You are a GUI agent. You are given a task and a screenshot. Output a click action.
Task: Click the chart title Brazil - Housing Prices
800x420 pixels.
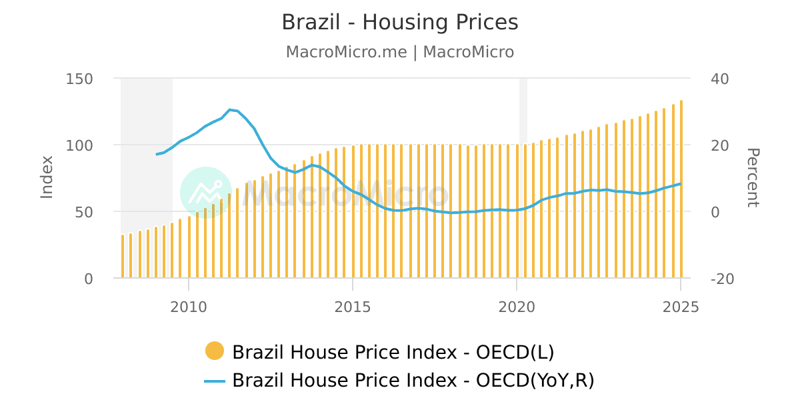point(399,22)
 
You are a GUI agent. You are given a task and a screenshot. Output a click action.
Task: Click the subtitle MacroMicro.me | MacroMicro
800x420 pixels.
point(399,52)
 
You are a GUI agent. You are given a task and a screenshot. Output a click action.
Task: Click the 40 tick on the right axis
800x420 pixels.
point(720,79)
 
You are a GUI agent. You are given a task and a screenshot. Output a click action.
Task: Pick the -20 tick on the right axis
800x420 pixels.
point(723,279)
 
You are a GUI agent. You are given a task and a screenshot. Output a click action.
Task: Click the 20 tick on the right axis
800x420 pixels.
point(720,145)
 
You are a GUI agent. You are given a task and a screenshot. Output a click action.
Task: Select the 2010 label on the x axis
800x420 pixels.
point(189,307)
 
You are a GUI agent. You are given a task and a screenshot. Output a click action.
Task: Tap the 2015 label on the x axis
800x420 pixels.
point(353,307)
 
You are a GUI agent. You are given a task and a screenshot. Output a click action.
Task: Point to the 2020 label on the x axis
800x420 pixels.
point(517,307)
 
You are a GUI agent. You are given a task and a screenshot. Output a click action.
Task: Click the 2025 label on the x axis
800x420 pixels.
point(681,307)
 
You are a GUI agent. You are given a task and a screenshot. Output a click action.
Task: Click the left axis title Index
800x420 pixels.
point(47,177)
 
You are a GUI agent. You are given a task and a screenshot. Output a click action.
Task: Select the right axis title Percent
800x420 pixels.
point(752,178)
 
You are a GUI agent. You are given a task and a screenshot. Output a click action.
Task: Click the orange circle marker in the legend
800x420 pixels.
point(215,351)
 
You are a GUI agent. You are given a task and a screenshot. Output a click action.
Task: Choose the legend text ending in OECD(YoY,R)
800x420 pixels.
point(413,381)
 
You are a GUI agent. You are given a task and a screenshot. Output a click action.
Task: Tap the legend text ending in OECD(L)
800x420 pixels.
point(393,352)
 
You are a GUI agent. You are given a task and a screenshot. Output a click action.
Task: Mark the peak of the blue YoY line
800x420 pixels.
point(229,109)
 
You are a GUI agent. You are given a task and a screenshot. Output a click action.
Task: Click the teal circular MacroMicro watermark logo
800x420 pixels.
point(206,193)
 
